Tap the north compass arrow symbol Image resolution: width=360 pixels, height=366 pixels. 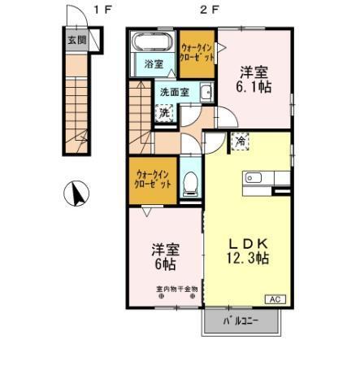tap(76, 194)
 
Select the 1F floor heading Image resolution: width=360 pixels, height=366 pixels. tap(102, 10)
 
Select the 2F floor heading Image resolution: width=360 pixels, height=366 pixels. tap(210, 10)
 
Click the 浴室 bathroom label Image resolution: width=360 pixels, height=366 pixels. tap(153, 63)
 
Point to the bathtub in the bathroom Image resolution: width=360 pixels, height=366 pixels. tap(152, 42)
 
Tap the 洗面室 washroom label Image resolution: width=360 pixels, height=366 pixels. tap(175, 92)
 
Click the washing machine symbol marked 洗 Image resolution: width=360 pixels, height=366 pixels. tap(165, 112)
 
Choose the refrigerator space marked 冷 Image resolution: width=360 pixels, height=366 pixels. tap(241, 142)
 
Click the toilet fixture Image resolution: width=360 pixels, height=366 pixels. tap(190, 184)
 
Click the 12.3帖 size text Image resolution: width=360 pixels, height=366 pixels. tap(248, 258)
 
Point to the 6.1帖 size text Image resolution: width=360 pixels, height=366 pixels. tap(253, 85)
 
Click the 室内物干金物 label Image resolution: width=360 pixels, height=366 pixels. tap(177, 288)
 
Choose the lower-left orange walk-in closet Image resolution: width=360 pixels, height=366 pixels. tap(153, 178)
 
